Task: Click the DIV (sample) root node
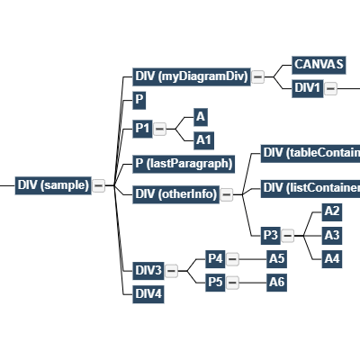click(52, 185)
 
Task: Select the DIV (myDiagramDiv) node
click(190, 76)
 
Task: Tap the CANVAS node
click(319, 65)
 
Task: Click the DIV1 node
click(308, 88)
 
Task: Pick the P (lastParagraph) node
click(184, 164)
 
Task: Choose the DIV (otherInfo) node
click(175, 194)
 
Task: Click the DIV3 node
click(148, 271)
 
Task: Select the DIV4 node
click(148, 293)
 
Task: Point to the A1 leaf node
click(204, 139)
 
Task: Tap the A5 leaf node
click(277, 259)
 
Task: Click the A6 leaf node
click(277, 283)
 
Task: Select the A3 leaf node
click(332, 235)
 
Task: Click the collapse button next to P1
click(160, 130)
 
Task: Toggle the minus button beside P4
click(232, 259)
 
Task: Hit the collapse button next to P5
click(232, 283)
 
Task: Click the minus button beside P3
click(287, 236)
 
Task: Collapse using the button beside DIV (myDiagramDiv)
click(257, 77)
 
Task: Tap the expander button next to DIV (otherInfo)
click(227, 194)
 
